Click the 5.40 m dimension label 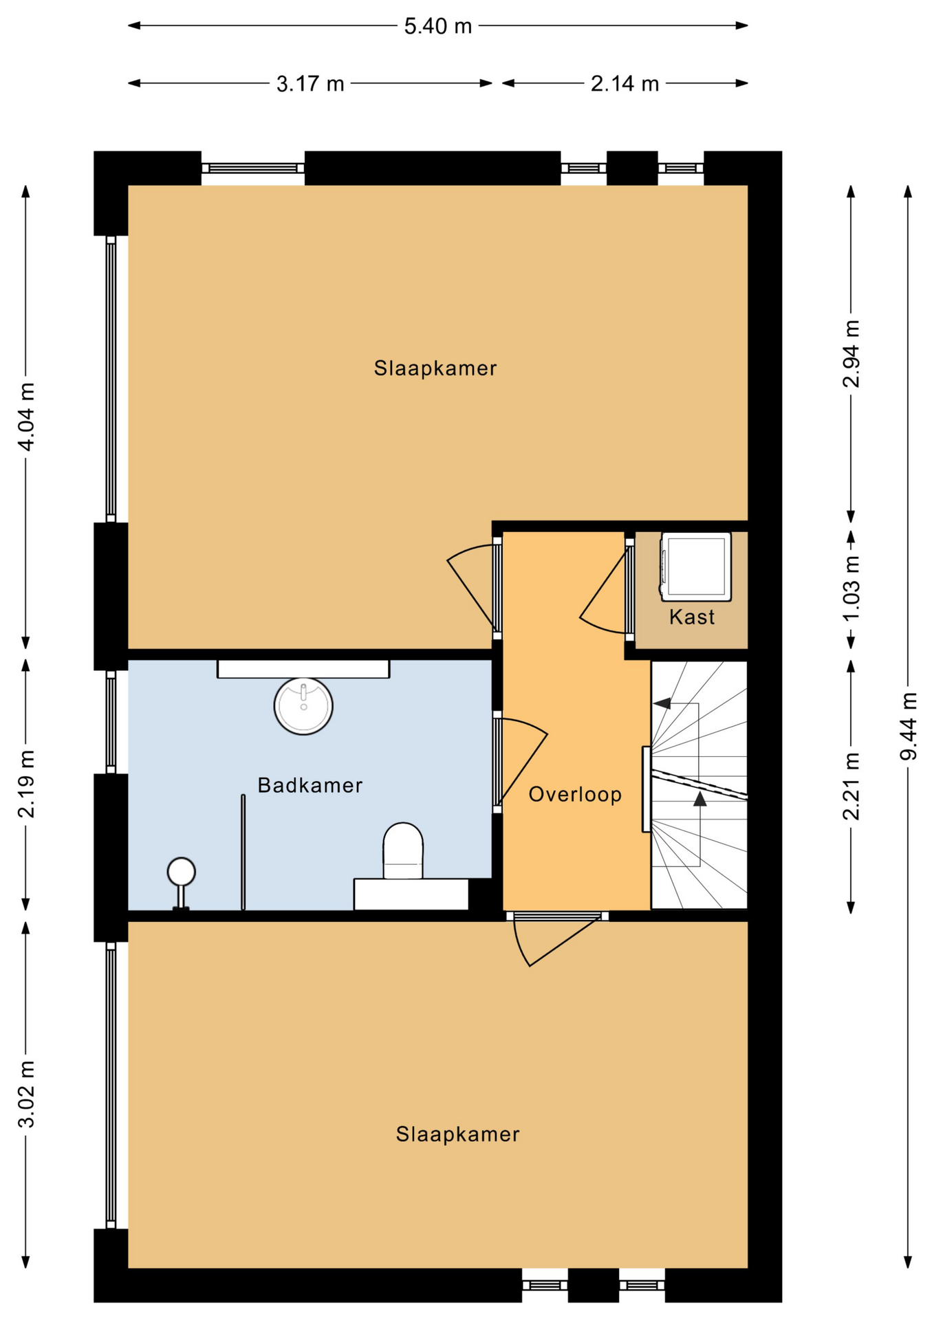coord(437,26)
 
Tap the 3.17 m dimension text coord(310,84)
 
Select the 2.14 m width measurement coord(625,84)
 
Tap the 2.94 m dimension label coord(851,353)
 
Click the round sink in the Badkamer coord(303,706)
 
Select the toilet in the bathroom coord(403,850)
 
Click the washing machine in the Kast coord(695,565)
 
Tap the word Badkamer coord(310,785)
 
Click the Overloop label coord(575,795)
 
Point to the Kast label coord(692,617)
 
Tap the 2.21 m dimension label coord(851,786)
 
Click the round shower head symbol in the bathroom coord(182,872)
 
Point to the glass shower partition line coord(243,852)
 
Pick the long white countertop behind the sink coord(303,669)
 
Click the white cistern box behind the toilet coord(411,894)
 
